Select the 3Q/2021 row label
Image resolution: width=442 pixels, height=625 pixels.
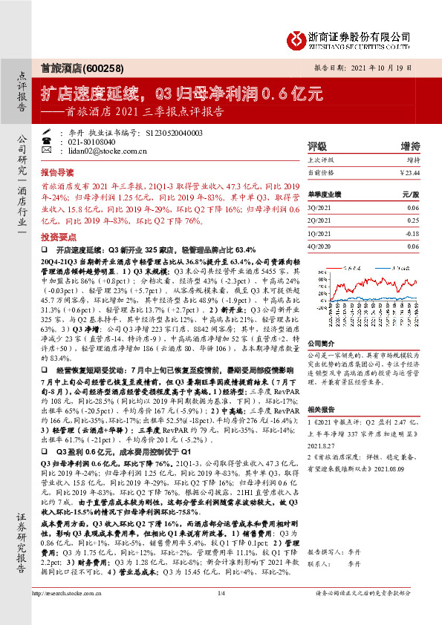click(320, 209)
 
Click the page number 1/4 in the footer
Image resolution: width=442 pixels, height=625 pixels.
click(221, 614)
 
